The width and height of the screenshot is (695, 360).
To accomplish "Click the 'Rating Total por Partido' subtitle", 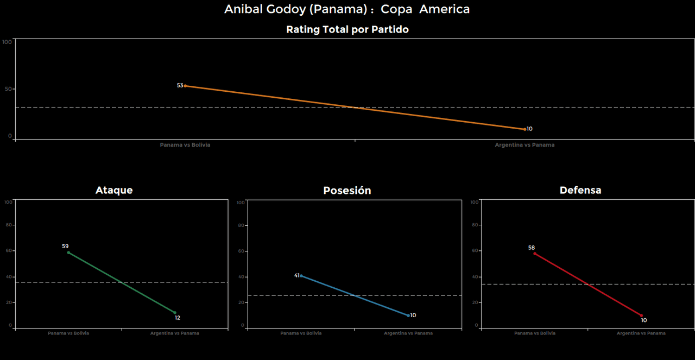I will [347, 30].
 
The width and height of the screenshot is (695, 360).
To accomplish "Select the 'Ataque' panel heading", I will [114, 190].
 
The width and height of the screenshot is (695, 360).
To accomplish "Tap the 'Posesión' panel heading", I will [347, 191].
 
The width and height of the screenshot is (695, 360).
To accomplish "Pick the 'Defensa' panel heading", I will [580, 190].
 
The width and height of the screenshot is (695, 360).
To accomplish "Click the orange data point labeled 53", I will [185, 86].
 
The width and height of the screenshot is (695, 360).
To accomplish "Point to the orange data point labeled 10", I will [525, 129].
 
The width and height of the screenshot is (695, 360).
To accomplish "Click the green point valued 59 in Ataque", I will [68, 252].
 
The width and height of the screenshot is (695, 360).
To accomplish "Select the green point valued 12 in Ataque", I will [175, 313].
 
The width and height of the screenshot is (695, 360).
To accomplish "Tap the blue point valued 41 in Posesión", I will [301, 276].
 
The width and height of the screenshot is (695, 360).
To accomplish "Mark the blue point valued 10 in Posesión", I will [408, 315].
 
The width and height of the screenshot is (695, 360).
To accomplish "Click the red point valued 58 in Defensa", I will [534, 254].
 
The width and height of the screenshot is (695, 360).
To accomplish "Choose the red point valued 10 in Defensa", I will [641, 315].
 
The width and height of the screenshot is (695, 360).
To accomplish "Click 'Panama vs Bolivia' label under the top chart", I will [185, 145].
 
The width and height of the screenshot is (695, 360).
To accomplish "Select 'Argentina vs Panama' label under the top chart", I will [525, 145].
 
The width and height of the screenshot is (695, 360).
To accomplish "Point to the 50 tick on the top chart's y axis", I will [8, 89].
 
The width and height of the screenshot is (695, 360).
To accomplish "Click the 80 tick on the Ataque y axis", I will [8, 225].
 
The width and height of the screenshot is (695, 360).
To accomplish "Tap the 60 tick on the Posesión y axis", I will [241, 251].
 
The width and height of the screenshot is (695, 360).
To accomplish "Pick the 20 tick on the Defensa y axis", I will [475, 302].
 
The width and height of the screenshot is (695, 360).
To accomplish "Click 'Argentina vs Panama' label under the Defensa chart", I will [641, 333].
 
